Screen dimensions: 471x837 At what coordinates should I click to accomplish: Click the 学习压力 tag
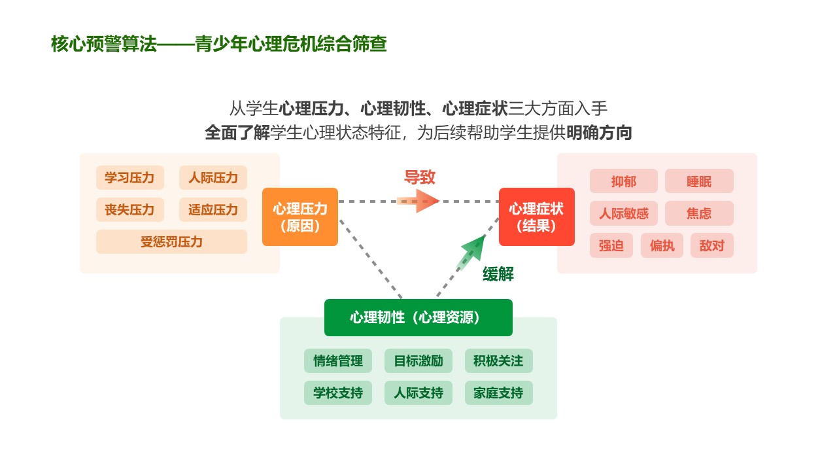[x=129, y=178]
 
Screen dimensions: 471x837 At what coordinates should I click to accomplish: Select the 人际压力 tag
[x=213, y=178]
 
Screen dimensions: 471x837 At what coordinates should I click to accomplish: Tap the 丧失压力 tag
[x=129, y=210]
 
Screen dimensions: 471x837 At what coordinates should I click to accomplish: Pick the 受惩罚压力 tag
[x=171, y=242]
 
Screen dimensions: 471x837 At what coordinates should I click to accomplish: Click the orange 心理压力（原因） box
[x=300, y=217]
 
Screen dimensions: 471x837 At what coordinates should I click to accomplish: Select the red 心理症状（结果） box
[x=536, y=217]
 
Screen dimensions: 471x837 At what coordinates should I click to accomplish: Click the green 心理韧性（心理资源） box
[x=418, y=318]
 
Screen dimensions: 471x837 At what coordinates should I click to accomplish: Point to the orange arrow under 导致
[x=418, y=201]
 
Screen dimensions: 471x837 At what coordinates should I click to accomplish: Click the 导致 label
[x=420, y=177]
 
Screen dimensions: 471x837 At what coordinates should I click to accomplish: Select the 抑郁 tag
[x=623, y=181]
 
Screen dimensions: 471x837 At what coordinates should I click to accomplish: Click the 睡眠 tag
[x=699, y=181]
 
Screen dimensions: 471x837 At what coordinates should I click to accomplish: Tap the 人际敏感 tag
[x=623, y=213]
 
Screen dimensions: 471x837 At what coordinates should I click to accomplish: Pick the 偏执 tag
[x=662, y=246]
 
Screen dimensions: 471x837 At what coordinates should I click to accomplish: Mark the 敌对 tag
[x=712, y=246]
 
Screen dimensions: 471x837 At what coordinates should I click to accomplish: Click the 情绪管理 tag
[x=338, y=361]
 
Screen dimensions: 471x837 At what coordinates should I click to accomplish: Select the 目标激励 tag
[x=418, y=361]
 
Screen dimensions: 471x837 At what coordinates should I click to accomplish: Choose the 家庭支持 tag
[x=498, y=393]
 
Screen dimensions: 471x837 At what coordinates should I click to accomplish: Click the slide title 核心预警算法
[x=105, y=44]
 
